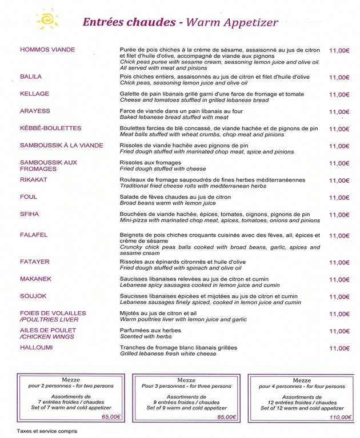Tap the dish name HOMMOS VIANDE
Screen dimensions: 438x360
47,50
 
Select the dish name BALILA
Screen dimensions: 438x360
31,77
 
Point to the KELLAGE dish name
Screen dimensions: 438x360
34,94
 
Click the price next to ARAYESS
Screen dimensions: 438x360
339,112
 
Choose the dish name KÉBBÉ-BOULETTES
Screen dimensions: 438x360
51,128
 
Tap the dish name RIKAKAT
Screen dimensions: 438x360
34,180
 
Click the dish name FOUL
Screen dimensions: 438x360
29,197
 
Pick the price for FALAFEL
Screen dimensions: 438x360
339,235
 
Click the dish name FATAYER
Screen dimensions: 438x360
35,262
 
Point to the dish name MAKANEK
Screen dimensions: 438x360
35,279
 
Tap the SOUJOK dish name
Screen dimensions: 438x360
33,296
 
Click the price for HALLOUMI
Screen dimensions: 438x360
339,348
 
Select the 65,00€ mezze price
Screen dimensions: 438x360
111,417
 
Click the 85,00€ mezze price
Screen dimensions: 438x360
226,417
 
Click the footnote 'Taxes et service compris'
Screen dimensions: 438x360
46,432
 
